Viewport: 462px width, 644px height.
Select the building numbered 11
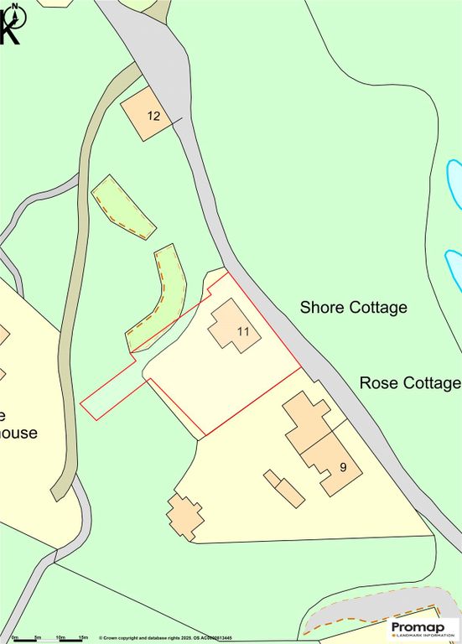[x=234, y=326]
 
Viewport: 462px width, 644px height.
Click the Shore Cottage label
[x=353, y=308]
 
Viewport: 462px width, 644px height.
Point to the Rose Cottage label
[x=409, y=383]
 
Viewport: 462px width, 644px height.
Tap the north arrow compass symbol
[x=12, y=23]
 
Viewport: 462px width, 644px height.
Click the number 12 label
[x=153, y=116]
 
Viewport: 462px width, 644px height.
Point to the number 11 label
[x=243, y=332]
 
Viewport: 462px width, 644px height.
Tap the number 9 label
[x=343, y=466]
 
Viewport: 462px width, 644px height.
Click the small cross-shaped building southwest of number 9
[x=184, y=516]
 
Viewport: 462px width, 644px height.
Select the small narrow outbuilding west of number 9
[x=284, y=488]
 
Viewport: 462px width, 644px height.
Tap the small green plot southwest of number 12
[x=122, y=206]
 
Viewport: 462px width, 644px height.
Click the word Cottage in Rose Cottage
[x=431, y=383]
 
